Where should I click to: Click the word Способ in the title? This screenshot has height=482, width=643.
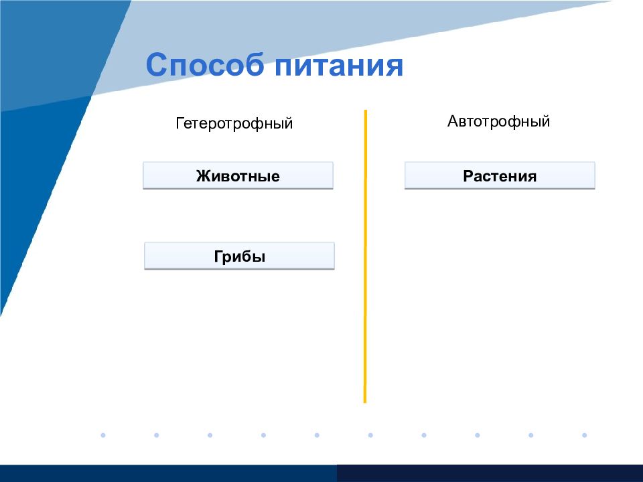205,64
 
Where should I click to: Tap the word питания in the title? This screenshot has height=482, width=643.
339,66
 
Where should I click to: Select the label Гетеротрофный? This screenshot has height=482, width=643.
234,123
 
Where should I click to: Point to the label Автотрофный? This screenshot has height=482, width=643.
498,121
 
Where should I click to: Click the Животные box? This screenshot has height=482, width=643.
238,175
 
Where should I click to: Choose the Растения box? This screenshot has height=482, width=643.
500,175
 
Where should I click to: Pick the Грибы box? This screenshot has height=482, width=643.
240,256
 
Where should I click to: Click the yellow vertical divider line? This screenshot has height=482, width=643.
365,256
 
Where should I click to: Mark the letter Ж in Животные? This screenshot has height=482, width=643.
204,176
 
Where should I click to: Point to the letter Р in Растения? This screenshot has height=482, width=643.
469,176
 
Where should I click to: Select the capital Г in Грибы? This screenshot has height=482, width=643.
218,256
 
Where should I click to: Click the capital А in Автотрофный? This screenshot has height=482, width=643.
453,121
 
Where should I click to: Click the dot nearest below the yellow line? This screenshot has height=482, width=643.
370,435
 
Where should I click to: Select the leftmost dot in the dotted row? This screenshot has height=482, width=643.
103,435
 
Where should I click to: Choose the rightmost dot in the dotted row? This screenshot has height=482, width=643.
584,435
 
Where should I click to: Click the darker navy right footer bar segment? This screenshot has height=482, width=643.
490,473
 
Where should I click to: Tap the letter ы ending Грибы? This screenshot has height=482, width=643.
260,258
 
